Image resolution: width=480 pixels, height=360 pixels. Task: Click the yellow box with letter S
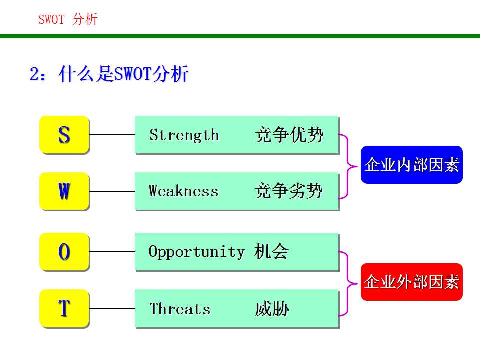click(64, 134)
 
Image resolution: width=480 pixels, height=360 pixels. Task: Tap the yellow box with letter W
click(64, 191)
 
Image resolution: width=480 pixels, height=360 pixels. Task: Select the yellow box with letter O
click(64, 252)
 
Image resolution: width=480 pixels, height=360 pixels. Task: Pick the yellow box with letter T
click(64, 308)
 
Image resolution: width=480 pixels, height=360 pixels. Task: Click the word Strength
click(184, 135)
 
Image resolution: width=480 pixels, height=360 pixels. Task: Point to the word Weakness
click(183, 191)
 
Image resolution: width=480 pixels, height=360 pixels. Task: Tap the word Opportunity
click(196, 252)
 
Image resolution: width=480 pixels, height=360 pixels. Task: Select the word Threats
click(180, 309)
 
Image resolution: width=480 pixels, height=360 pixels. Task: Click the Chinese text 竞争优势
click(289, 135)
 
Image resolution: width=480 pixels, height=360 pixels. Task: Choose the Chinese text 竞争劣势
click(289, 191)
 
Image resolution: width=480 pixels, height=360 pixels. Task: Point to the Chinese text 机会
click(271, 252)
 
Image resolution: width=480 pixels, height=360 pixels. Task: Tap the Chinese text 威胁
click(272, 309)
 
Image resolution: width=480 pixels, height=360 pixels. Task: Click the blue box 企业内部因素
click(411, 165)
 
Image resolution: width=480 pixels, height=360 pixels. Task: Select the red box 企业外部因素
click(411, 282)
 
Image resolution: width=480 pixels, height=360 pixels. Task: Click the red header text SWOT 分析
click(68, 20)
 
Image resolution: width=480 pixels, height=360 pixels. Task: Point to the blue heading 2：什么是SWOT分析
click(109, 74)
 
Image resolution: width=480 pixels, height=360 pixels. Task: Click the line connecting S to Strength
click(112, 135)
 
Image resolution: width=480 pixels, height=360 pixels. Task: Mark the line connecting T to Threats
click(112, 309)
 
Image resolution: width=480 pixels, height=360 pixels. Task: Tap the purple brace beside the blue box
click(348, 165)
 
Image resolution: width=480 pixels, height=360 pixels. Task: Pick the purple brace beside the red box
click(348, 283)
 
